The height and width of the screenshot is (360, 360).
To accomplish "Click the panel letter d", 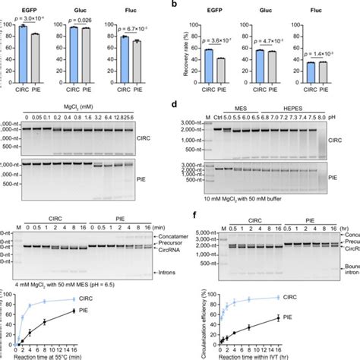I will click(x=176, y=103).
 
